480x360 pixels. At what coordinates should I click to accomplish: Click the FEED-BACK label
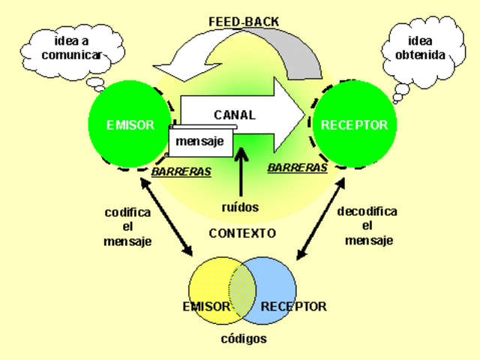click(244, 22)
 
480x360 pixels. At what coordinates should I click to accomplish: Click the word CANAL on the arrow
click(234, 115)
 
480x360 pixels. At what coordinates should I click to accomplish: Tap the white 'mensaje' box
click(201, 141)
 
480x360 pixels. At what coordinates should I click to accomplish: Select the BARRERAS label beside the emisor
click(181, 172)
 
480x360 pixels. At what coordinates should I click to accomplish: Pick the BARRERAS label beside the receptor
click(297, 168)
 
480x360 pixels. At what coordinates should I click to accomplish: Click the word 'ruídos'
click(240, 205)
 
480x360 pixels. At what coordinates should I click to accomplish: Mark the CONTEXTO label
click(242, 233)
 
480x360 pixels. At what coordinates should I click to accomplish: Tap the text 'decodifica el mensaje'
click(367, 226)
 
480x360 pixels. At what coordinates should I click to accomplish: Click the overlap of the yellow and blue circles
click(242, 288)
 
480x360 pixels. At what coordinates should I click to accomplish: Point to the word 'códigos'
click(243, 338)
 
